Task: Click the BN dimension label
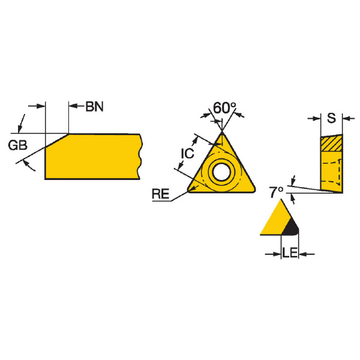[94, 107]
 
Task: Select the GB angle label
[17, 145]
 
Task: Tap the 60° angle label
[224, 108]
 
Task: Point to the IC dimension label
[187, 154]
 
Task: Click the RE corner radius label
[160, 194]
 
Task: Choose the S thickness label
[331, 118]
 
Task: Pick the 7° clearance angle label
[276, 192]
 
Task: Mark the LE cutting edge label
[290, 253]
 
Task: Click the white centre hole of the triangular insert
[221, 172]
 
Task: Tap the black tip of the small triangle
[291, 228]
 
